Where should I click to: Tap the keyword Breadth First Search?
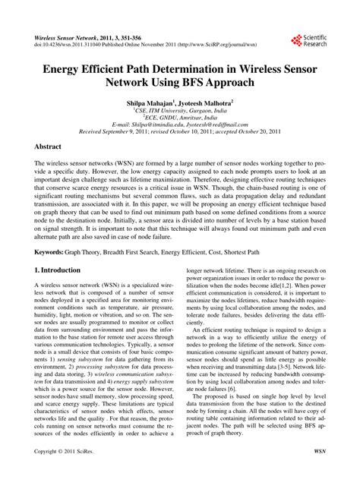[141, 250]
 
